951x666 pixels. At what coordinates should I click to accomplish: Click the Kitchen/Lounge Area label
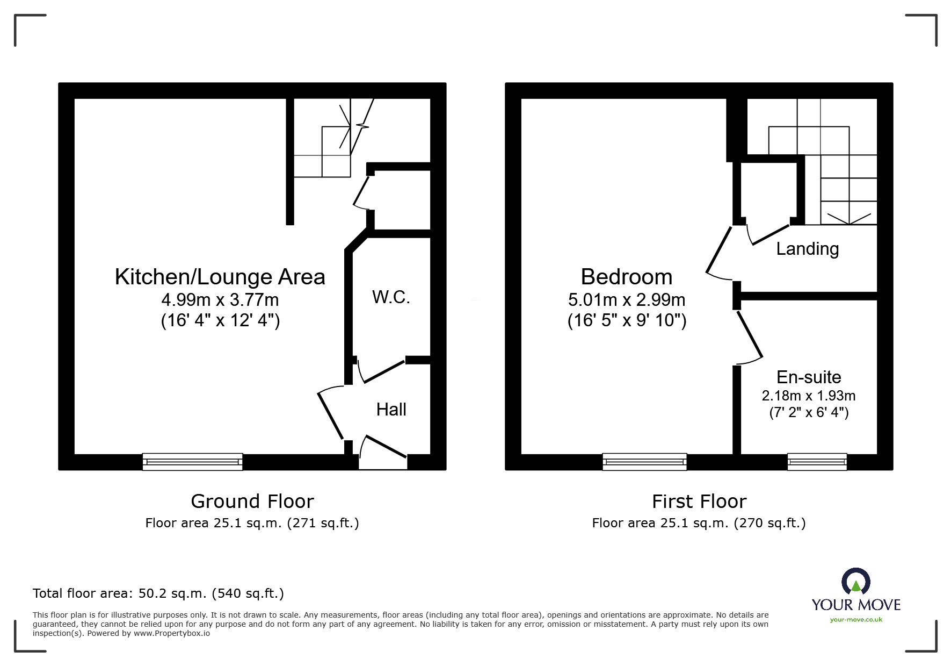pyautogui.click(x=220, y=277)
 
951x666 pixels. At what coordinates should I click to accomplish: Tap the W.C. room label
pyautogui.click(x=391, y=297)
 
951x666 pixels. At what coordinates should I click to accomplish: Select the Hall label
pyautogui.click(x=391, y=410)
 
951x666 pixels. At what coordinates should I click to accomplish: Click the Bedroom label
pyautogui.click(x=626, y=277)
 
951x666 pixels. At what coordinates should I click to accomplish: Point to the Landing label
pyautogui.click(x=807, y=248)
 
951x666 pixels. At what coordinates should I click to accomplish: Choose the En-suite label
pyautogui.click(x=809, y=377)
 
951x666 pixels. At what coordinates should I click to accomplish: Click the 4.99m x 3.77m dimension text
pyautogui.click(x=220, y=299)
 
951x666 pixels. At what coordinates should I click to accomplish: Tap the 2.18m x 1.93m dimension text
pyautogui.click(x=809, y=396)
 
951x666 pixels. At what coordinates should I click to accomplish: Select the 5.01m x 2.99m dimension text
pyautogui.click(x=626, y=299)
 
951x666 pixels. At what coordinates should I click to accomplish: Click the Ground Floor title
pyautogui.click(x=252, y=501)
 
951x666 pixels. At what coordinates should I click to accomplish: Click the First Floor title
pyautogui.click(x=699, y=501)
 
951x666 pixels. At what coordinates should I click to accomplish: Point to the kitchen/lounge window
pyautogui.click(x=192, y=462)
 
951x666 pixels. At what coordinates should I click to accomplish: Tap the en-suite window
pyautogui.click(x=817, y=462)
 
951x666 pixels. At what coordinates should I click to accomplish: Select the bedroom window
pyautogui.click(x=644, y=462)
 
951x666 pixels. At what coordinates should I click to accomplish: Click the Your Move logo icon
pyautogui.click(x=855, y=582)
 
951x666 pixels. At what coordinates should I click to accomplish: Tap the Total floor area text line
pyautogui.click(x=158, y=593)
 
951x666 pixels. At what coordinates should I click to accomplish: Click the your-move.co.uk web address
pyautogui.click(x=856, y=620)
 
